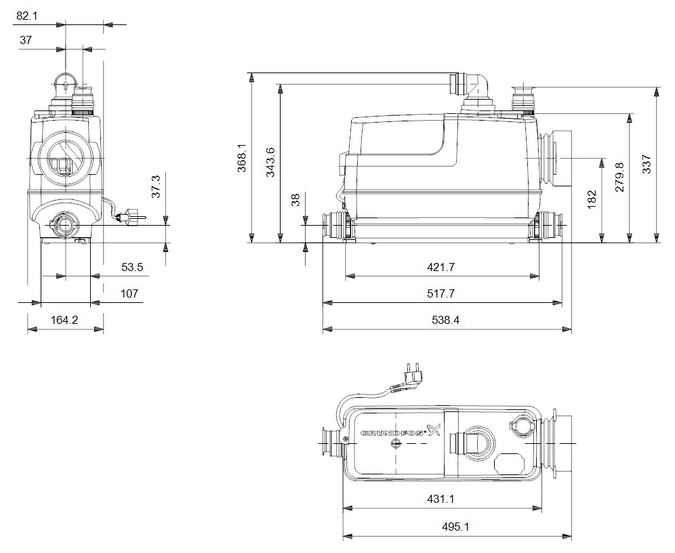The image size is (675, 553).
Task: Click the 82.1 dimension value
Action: pyautogui.click(x=26, y=14)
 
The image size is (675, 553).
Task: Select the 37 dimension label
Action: pyautogui.click(x=26, y=40)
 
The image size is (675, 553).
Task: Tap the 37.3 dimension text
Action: pyautogui.click(x=155, y=188)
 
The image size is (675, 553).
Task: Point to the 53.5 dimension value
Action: pyautogui.click(x=132, y=268)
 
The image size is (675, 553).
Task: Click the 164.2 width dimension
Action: pyautogui.click(x=64, y=320)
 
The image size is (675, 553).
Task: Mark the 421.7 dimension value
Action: pyautogui.click(x=441, y=268)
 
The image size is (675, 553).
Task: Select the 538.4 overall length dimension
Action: pyautogui.click(x=446, y=320)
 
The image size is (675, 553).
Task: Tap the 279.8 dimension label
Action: pyautogui.click(x=620, y=178)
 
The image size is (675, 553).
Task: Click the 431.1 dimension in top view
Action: pyautogui.click(x=441, y=499)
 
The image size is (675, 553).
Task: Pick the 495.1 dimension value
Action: pyautogui.click(x=455, y=527)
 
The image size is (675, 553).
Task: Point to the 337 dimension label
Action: pyautogui.click(x=647, y=165)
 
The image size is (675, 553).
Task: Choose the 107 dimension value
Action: pyautogui.click(x=129, y=293)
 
